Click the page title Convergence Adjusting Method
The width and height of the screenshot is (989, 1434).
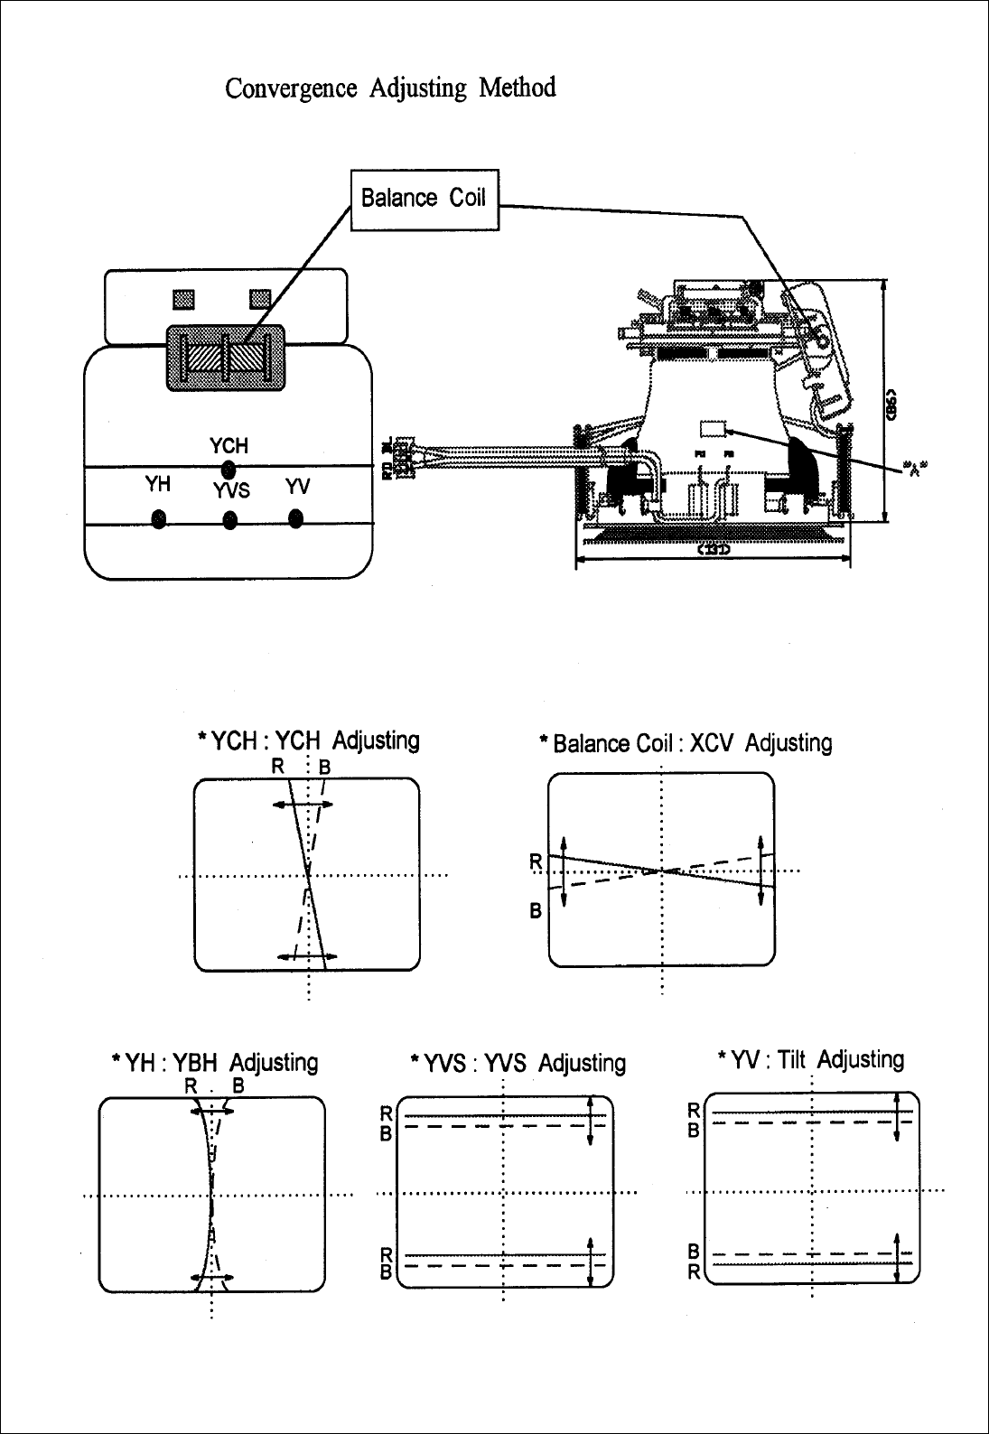pos(390,88)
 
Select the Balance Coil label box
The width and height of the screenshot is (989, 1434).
pos(424,198)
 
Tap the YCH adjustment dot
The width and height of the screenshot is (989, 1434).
pos(229,468)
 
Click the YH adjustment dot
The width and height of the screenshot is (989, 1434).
pos(159,519)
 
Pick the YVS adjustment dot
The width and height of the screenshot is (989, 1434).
pos(230,520)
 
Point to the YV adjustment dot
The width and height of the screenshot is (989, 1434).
pos(295,518)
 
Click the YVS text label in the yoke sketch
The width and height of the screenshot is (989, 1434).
pos(231,491)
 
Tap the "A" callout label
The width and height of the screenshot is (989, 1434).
pos(917,468)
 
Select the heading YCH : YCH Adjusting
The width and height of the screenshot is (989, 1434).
pos(308,741)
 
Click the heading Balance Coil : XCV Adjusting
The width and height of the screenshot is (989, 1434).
pos(684,743)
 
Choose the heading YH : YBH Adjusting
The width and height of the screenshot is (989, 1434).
pos(213,1062)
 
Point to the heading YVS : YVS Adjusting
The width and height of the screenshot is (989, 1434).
pos(518,1063)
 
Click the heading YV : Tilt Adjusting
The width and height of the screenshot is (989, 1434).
pos(810,1058)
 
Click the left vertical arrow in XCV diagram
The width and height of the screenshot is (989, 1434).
pos(563,871)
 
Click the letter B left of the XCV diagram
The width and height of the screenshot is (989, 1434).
pos(536,911)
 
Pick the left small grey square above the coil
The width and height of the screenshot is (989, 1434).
pos(183,297)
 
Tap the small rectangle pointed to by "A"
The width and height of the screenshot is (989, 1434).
pos(714,430)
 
